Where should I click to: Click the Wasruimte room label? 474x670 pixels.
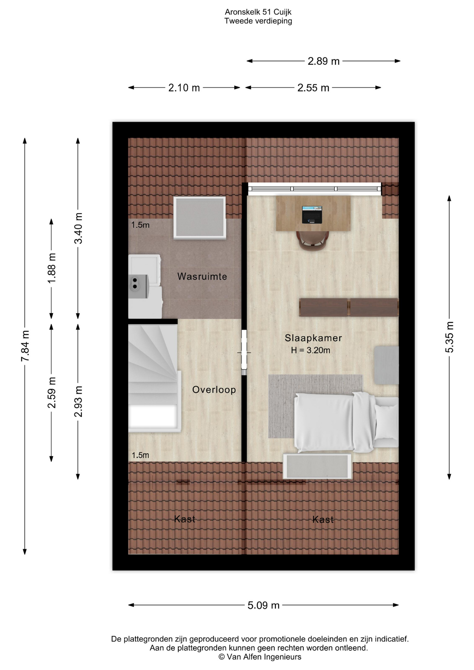202,276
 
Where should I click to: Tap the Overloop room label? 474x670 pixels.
214,389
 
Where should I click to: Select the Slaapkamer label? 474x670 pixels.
313,338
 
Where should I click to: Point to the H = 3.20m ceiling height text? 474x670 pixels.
311,350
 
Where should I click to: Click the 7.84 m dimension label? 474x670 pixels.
25,346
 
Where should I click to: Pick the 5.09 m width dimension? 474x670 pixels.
264,605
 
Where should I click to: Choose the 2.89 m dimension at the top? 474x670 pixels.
324,61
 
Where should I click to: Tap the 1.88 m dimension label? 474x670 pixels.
52,268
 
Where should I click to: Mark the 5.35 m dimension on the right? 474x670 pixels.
450,337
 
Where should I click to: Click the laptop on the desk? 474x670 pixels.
312,215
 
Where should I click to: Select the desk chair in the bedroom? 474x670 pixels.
312,240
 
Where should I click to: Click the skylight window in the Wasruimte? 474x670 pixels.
200,217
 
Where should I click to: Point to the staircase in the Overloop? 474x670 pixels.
154,378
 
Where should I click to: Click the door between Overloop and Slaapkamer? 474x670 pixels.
244,352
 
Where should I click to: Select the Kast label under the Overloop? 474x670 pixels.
185,519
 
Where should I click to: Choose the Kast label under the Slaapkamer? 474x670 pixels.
323,520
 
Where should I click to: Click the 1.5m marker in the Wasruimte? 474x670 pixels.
140,225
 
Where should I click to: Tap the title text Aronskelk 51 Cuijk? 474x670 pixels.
258,12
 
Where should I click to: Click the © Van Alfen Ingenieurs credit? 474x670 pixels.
260,657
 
